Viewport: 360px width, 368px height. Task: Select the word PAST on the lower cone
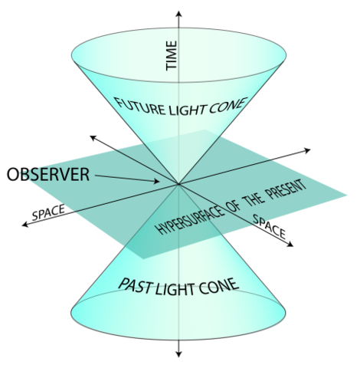136,285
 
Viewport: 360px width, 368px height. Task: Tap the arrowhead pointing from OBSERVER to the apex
156,182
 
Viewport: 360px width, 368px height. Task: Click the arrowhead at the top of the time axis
178,12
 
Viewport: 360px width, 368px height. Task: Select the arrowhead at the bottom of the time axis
178,354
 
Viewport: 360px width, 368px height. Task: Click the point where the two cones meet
178,184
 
